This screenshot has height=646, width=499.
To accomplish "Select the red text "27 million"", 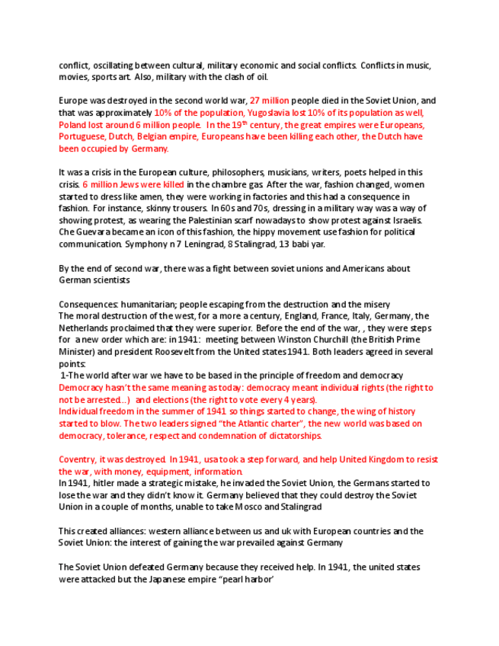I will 270,101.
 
